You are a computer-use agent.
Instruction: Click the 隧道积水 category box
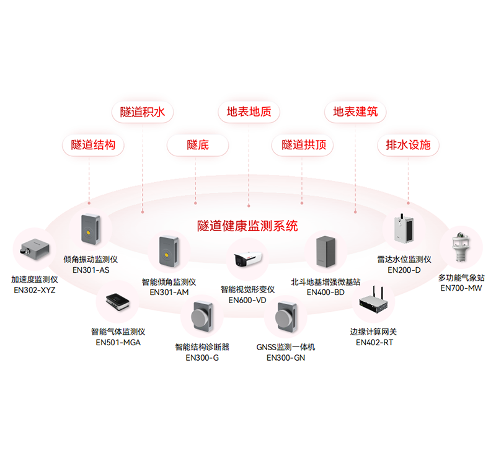click(x=143, y=112)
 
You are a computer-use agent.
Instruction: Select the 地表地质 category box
click(x=249, y=112)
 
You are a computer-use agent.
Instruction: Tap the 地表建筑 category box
click(x=355, y=112)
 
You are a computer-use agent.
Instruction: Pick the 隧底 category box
click(x=198, y=145)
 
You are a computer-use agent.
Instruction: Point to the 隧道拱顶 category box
click(x=303, y=145)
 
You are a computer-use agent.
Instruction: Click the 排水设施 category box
click(x=408, y=145)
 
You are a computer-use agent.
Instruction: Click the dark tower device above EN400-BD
click(x=325, y=254)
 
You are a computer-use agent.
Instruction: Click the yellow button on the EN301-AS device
click(x=90, y=232)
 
